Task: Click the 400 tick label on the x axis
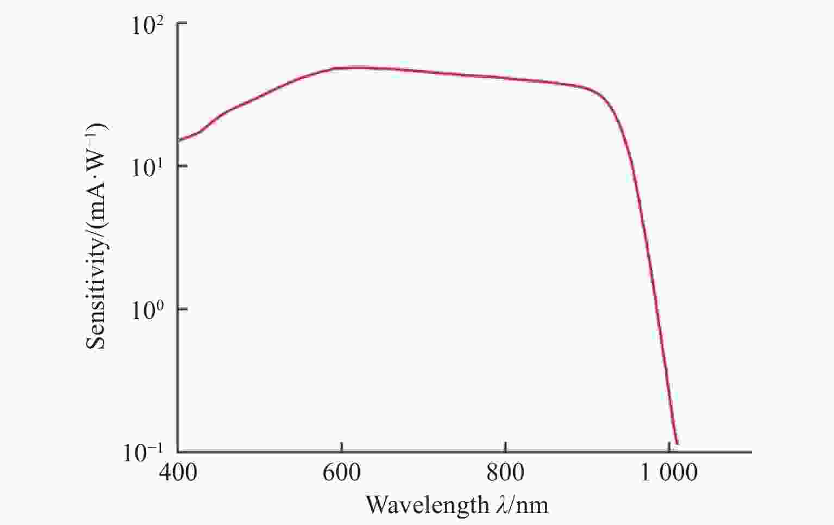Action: point(178,472)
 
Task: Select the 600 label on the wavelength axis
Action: point(341,472)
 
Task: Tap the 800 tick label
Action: point(505,472)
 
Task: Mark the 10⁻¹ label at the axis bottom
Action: point(142,453)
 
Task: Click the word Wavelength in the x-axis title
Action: point(427,505)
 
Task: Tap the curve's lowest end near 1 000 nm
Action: point(676,443)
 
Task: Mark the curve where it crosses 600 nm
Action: point(341,67)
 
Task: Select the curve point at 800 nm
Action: point(505,78)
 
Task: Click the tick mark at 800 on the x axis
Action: point(505,448)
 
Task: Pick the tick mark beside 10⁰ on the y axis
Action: point(182,309)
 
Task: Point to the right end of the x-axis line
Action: point(751,452)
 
